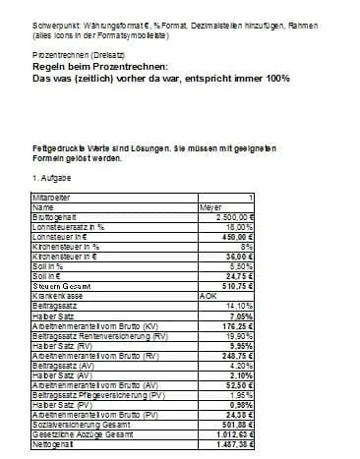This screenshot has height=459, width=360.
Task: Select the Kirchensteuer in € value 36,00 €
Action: [240, 253]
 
